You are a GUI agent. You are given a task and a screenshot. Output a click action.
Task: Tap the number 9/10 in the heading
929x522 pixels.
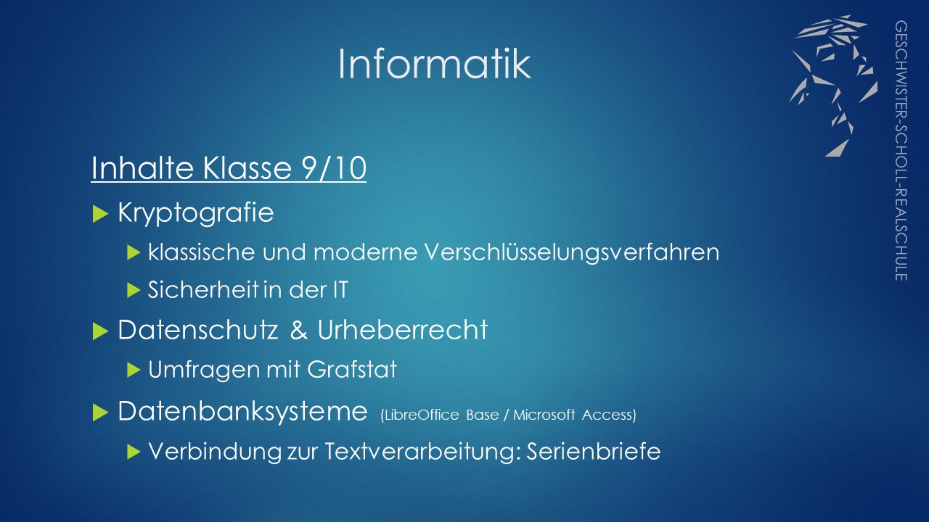point(335,167)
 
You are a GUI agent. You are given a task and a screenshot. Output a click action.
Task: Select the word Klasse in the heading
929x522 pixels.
point(247,167)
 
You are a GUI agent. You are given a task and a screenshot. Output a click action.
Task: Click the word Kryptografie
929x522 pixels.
point(196,213)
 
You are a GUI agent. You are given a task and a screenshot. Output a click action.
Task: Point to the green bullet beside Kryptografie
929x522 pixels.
point(100,214)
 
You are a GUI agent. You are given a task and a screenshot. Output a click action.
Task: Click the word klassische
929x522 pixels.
point(202,252)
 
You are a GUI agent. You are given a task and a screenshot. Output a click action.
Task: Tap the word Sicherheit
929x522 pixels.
point(203,289)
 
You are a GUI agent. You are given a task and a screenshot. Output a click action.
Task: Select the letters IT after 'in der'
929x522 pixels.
point(340,289)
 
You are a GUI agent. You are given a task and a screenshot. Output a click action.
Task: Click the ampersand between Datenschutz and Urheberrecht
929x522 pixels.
point(299,330)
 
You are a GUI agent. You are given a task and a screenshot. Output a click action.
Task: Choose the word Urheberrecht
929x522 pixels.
point(402,330)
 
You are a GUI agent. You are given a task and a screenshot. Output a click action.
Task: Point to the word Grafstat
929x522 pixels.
point(352,369)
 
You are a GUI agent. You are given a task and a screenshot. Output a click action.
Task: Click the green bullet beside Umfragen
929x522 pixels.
point(134,370)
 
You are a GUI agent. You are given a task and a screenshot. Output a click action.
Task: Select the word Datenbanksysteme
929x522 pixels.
point(242,412)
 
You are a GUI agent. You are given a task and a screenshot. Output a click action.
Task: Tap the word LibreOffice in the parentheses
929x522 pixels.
point(420,415)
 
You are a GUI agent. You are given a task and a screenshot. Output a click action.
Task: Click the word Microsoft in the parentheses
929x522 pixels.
point(544,415)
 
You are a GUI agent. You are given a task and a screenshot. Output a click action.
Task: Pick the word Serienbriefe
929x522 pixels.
point(594,451)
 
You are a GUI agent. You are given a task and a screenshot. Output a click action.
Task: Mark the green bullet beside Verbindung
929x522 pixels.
point(134,452)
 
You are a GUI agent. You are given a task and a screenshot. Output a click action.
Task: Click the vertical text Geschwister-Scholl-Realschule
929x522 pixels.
point(901,151)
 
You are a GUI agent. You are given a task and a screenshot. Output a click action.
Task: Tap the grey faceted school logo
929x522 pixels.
point(834,86)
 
